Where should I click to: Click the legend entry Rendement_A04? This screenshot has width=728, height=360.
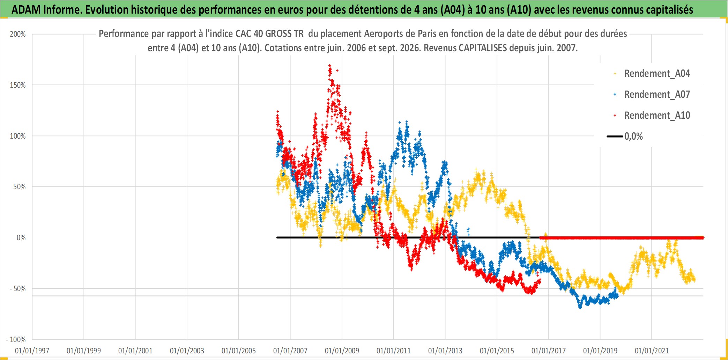657,74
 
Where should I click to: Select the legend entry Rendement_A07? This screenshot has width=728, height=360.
657,95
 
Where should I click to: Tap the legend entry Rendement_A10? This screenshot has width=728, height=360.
657,116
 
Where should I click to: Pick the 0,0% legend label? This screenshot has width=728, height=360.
633,137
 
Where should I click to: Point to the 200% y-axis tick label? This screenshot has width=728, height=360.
18,34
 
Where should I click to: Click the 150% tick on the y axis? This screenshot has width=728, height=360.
18,85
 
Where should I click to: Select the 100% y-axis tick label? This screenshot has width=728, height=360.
18,136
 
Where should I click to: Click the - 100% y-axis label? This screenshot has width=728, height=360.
16,339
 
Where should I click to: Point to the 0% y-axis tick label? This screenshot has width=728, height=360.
21,238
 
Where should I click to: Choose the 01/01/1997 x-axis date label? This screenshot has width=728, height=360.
32,351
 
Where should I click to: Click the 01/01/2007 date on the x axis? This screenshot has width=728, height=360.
290,351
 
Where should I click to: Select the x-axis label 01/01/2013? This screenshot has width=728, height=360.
445,351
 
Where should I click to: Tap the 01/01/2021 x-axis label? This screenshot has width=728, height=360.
652,351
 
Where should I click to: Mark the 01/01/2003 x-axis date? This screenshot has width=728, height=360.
187,351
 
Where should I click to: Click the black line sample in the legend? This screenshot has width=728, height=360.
615,137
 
